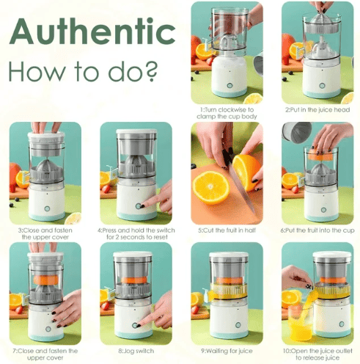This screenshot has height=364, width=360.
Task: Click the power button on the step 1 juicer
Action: (x=229, y=86)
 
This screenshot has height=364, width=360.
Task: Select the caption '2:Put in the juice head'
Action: (x=317, y=110)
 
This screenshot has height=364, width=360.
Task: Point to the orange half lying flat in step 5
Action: (x=211, y=187)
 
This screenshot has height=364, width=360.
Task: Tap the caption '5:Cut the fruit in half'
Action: (x=227, y=230)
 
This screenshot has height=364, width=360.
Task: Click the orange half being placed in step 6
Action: (x=321, y=155)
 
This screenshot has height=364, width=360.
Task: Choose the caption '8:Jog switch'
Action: (x=136, y=351)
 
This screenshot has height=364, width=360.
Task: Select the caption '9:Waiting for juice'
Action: (x=227, y=351)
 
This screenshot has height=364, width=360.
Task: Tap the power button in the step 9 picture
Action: (x=238, y=325)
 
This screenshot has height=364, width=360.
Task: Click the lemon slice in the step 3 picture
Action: (x=73, y=218)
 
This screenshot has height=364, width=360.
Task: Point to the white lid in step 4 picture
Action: (x=136, y=131)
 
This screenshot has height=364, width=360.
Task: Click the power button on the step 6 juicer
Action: (x=323, y=210)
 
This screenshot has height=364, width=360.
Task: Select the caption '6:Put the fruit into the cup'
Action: (x=317, y=230)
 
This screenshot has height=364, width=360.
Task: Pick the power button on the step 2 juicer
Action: (x=322, y=86)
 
